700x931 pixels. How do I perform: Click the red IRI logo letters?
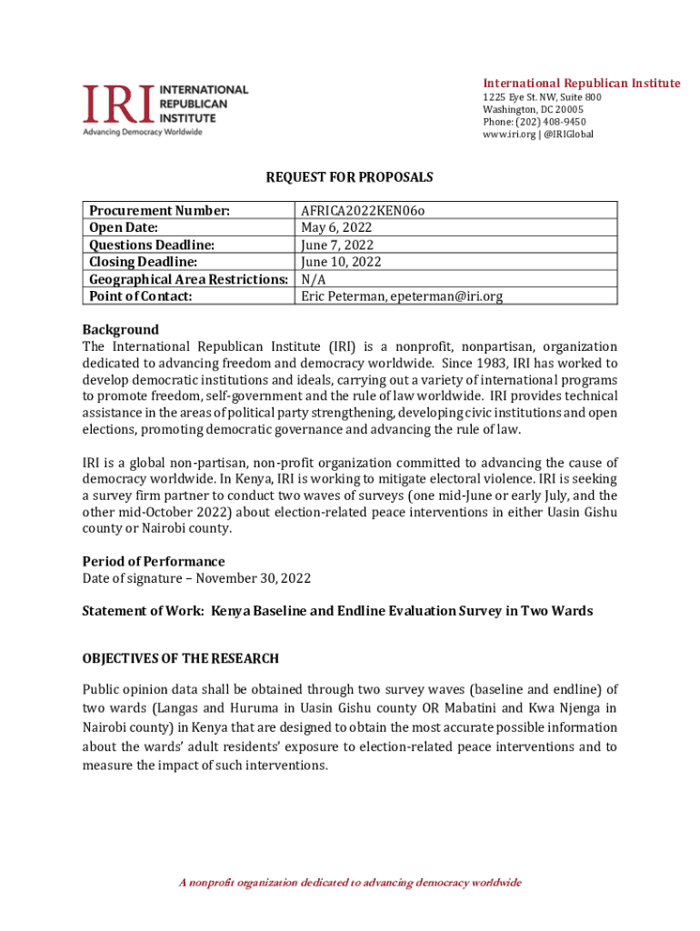(x=118, y=105)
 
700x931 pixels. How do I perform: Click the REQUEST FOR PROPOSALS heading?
(x=349, y=177)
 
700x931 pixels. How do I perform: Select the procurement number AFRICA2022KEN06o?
(x=363, y=211)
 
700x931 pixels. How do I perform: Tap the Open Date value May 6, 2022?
(x=335, y=228)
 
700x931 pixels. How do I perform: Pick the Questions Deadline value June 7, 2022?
(x=337, y=245)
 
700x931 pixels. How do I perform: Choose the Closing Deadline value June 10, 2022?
(x=341, y=262)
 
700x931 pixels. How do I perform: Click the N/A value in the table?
(x=314, y=279)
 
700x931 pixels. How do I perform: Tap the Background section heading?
(x=120, y=330)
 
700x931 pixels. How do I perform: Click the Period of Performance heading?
(x=154, y=561)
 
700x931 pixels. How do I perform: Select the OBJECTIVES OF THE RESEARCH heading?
(x=181, y=658)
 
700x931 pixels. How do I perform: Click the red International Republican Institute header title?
(x=581, y=84)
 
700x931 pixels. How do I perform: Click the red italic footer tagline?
(x=350, y=883)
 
